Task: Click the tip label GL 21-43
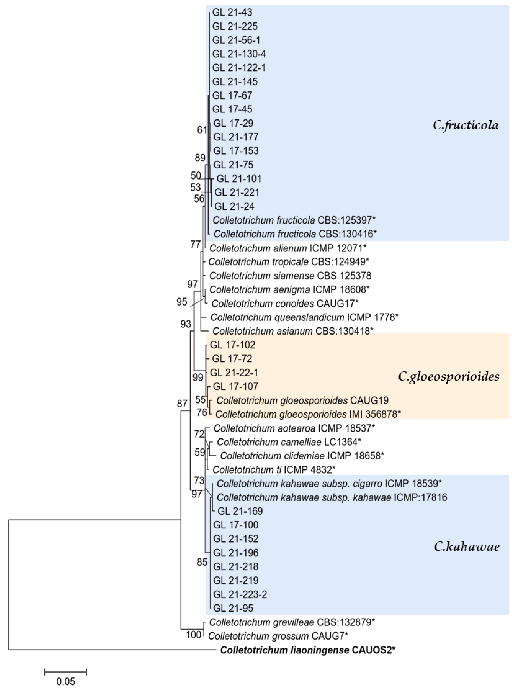(x=232, y=12)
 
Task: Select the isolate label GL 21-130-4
(x=239, y=54)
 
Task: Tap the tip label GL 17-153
(x=236, y=151)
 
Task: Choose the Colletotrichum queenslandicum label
(x=304, y=317)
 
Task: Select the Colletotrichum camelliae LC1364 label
(x=289, y=442)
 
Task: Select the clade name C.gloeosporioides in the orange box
(x=448, y=377)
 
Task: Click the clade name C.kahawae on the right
(x=467, y=547)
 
